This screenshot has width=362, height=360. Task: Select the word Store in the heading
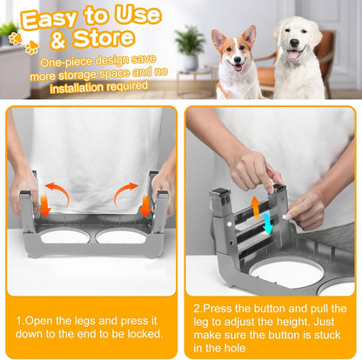[x=110, y=39]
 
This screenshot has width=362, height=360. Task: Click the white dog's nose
[x=292, y=50]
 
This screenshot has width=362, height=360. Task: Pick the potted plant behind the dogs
[x=189, y=43]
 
